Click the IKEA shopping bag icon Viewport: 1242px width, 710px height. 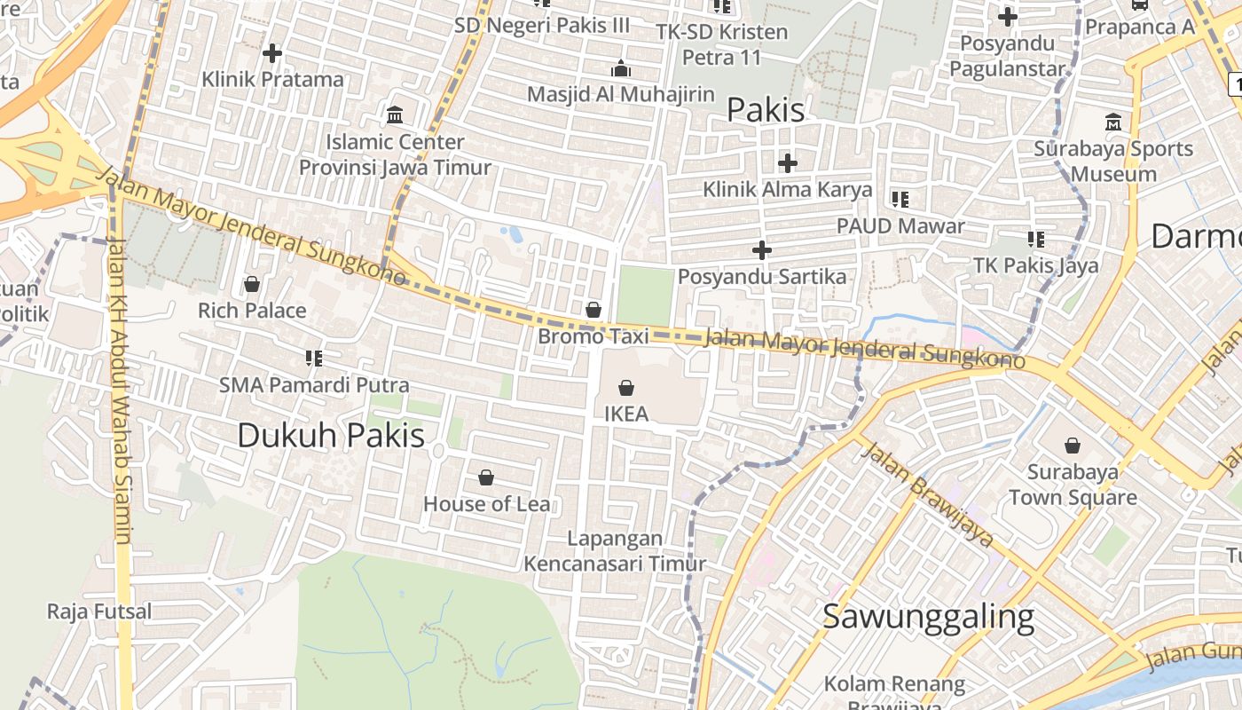(626, 388)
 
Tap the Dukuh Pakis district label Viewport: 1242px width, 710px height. (331, 435)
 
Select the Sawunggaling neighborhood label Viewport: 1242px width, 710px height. (928, 616)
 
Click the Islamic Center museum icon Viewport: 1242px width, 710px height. (395, 115)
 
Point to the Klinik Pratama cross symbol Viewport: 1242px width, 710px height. (272, 53)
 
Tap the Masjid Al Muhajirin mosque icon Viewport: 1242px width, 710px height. (621, 68)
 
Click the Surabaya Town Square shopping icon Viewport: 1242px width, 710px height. (1073, 446)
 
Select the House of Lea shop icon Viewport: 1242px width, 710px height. (486, 478)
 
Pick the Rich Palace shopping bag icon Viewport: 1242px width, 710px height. (252, 285)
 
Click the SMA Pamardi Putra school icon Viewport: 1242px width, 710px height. (313, 359)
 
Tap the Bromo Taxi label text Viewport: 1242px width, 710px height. (593, 336)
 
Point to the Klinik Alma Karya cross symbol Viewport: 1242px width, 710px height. (787, 163)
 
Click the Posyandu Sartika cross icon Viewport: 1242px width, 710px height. (762, 250)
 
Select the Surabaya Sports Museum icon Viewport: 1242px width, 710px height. (1113, 122)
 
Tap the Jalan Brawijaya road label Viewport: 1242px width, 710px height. (926, 493)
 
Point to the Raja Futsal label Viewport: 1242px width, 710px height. (99, 611)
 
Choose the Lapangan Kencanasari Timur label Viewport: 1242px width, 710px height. (615, 551)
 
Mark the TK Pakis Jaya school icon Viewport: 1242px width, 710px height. (1035, 239)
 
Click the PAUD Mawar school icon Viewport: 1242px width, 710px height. (900, 199)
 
